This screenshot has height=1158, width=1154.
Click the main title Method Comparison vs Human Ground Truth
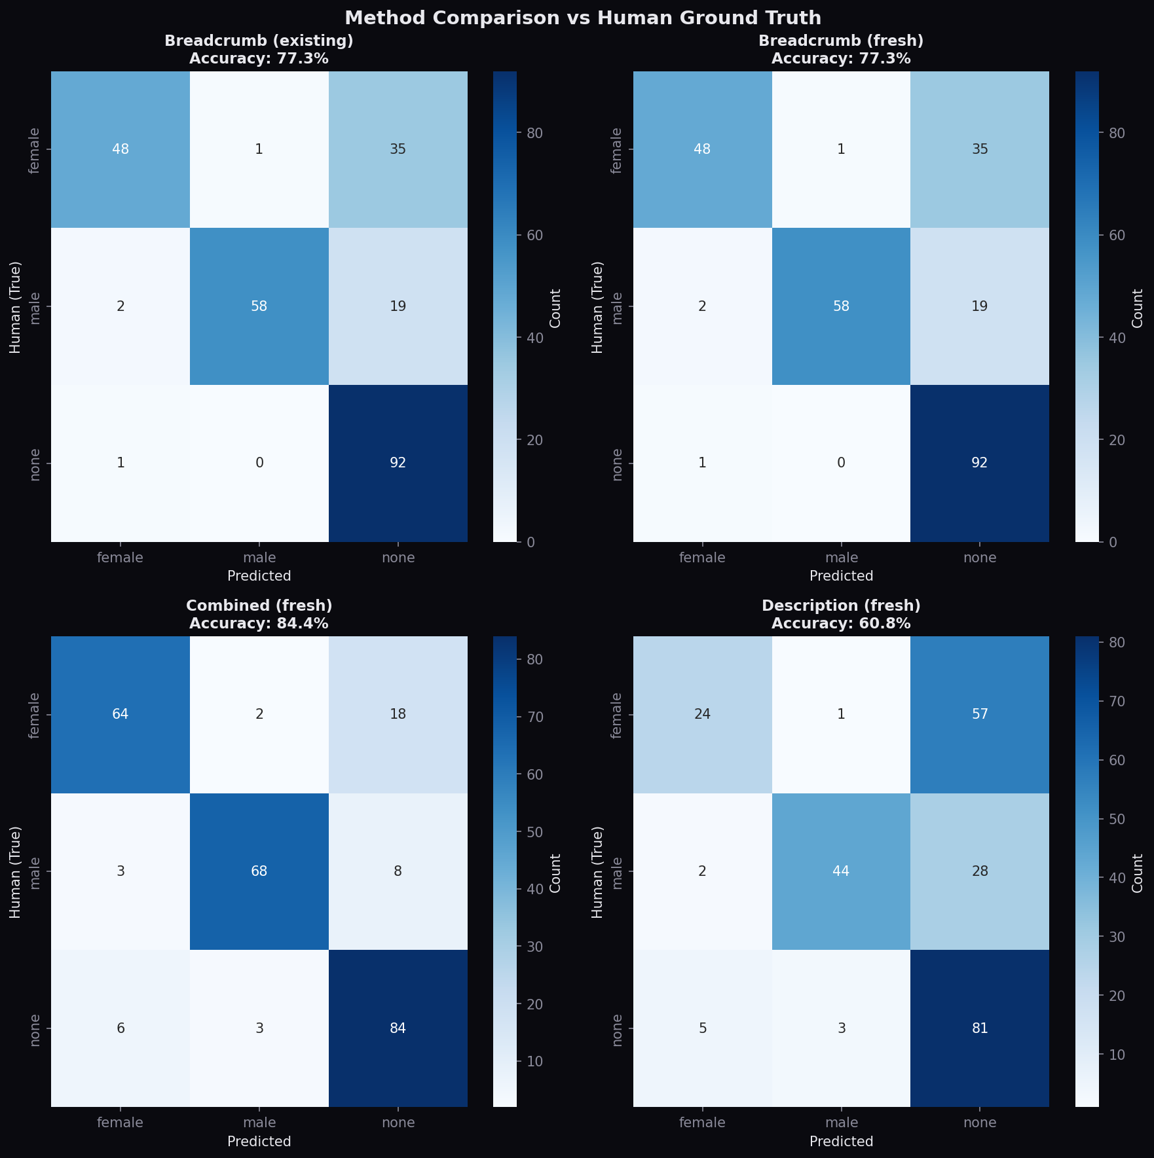click(582, 18)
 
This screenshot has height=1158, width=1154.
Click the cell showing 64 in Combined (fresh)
click(121, 714)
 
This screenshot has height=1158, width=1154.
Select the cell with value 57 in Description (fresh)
click(979, 714)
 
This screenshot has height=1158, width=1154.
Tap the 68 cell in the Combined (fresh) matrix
click(259, 871)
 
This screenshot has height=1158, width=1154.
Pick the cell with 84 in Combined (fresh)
click(398, 1028)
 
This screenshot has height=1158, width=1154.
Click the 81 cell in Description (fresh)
click(979, 1028)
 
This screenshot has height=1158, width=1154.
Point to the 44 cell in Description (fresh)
click(841, 871)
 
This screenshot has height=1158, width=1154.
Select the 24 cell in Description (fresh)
click(702, 714)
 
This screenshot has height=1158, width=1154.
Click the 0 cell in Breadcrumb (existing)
click(259, 463)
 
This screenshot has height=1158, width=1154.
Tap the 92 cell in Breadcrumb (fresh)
click(979, 463)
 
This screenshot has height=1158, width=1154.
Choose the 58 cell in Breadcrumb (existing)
click(259, 306)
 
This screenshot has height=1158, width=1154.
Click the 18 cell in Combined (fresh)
click(398, 714)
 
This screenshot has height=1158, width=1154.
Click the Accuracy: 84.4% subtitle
click(259, 623)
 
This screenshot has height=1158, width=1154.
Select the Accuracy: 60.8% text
click(841, 623)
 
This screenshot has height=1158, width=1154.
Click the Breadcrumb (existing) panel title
click(259, 41)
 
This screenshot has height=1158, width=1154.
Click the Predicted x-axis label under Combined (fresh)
click(259, 1141)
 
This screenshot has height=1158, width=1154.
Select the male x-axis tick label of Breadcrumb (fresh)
click(841, 558)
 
